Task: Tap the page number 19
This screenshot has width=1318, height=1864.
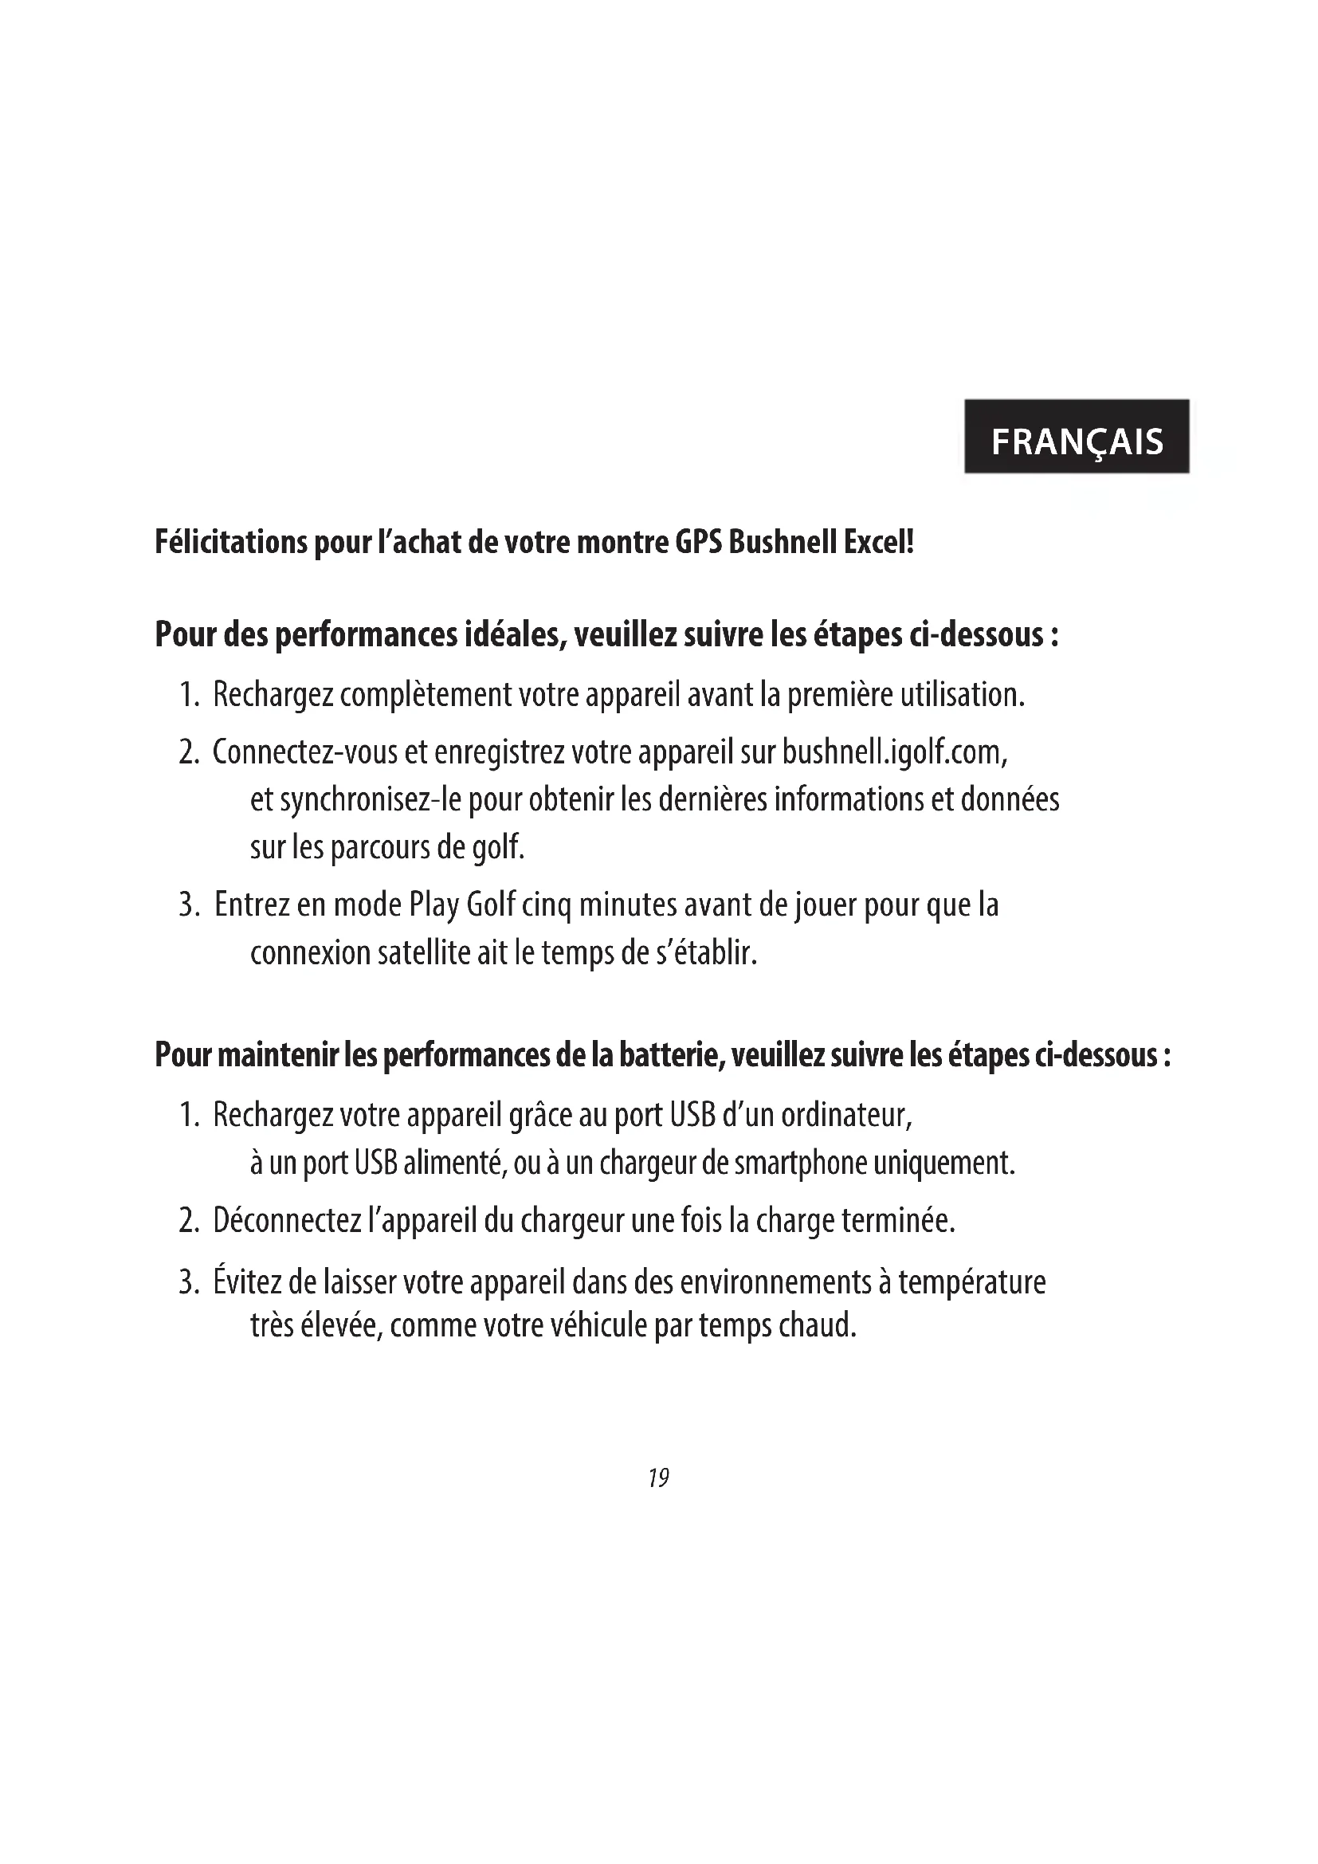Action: (x=658, y=1477)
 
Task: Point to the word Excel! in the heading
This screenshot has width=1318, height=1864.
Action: (x=879, y=543)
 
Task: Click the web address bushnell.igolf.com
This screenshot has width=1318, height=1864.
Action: (x=893, y=753)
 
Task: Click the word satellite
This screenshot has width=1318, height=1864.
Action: (x=424, y=953)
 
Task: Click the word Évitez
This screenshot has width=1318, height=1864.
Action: (x=246, y=1283)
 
